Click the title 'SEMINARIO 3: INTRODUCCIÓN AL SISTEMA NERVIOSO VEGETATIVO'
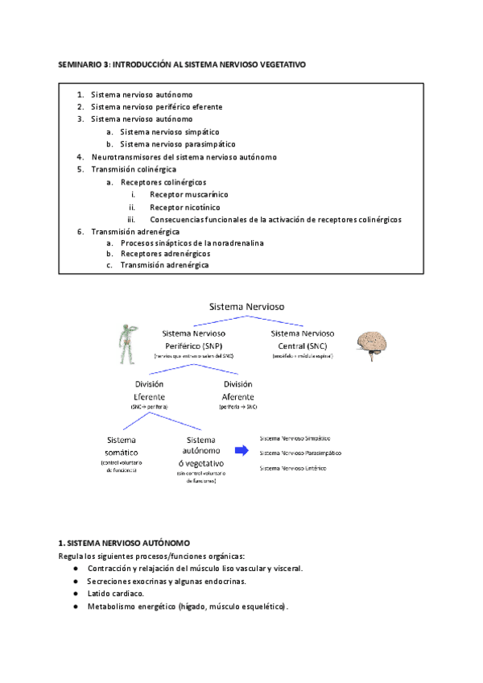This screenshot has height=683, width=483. pos(183,63)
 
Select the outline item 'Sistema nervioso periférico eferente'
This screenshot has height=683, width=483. pos(156,106)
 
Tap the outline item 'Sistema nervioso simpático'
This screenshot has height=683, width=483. pos(169,131)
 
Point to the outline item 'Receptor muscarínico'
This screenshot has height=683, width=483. pos(188,194)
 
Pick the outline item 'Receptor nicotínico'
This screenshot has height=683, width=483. pos(184,207)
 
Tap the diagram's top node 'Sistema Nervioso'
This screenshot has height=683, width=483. pos(246,306)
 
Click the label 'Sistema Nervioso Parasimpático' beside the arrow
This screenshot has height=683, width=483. pos(300,453)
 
